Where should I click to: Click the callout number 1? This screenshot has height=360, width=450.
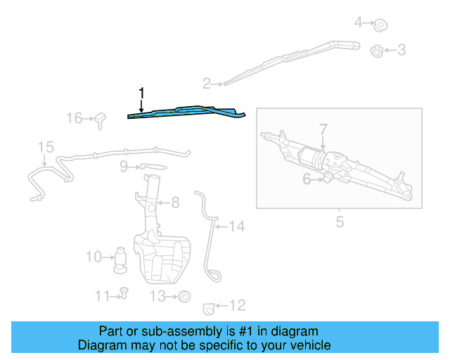tap(142, 93)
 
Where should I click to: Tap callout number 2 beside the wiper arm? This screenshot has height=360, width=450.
tap(207, 84)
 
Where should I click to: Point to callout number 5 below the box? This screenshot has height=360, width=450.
tap(340, 223)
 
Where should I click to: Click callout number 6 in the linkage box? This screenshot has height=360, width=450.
tap(307, 179)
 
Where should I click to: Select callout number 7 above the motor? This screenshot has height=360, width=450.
tap(323, 129)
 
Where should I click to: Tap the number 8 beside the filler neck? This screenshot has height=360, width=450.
tap(175, 202)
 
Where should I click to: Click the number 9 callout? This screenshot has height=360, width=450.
tap(123, 167)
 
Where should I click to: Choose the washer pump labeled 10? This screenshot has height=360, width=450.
tap(120, 258)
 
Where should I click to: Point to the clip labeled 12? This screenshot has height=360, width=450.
tap(208, 307)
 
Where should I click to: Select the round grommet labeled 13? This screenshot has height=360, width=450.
tap(184, 296)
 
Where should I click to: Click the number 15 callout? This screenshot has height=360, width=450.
tap(46, 147)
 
